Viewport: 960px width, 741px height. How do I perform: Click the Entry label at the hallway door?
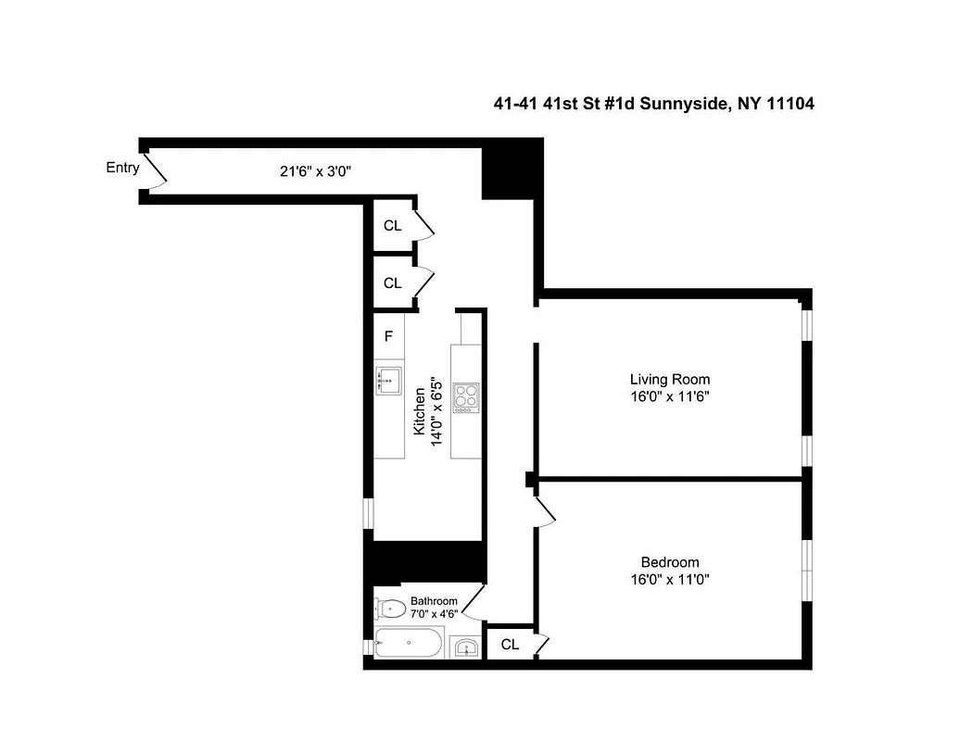(x=122, y=168)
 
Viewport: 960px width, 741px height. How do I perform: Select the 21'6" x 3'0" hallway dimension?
(x=316, y=170)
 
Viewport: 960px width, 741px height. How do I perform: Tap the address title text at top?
(x=653, y=105)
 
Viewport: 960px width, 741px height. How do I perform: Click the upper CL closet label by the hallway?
(x=392, y=226)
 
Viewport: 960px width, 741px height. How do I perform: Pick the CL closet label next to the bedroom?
(x=510, y=645)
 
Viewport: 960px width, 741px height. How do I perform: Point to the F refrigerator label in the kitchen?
(x=388, y=336)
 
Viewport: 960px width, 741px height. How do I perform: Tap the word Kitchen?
(x=419, y=411)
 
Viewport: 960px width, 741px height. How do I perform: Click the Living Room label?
(x=670, y=379)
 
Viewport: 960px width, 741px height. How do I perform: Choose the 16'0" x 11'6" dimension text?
(x=670, y=396)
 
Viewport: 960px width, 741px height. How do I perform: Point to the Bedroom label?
(x=670, y=562)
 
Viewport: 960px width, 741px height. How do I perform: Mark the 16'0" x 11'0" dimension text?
(x=670, y=580)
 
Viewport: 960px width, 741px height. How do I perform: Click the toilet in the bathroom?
(x=391, y=609)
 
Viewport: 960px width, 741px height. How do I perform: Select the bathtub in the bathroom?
(x=410, y=642)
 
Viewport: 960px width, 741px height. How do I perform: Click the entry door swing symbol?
(x=154, y=170)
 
